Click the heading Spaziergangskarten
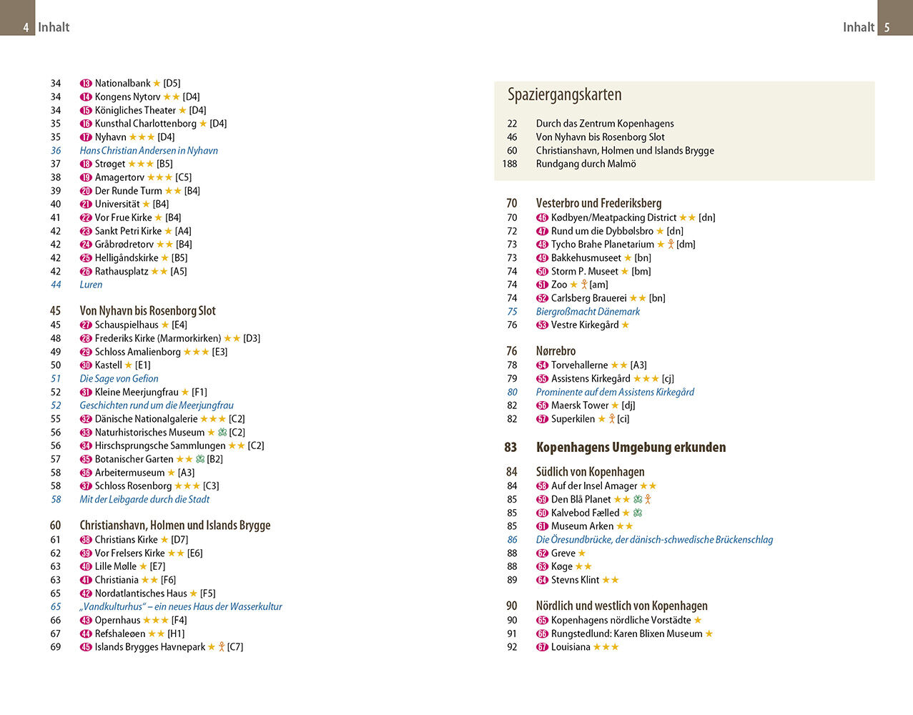(564, 94)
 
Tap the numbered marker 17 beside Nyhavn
(86, 137)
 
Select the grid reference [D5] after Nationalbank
(172, 84)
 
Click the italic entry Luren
(91, 285)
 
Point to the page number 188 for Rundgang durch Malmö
(510, 164)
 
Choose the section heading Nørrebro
(556, 351)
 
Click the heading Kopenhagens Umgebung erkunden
(631, 448)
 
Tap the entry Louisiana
(571, 647)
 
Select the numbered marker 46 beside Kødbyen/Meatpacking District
(542, 218)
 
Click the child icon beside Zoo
(584, 285)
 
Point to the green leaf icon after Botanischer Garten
(200, 459)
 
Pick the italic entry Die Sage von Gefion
(119, 379)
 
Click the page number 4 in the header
(26, 28)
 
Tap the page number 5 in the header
(887, 28)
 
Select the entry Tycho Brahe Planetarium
(602, 245)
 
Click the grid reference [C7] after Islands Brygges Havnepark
(235, 647)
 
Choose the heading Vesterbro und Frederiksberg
(598, 203)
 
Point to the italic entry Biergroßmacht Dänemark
(588, 312)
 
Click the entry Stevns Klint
(575, 580)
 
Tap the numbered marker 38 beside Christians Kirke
(86, 540)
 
